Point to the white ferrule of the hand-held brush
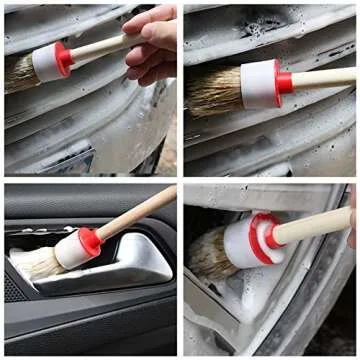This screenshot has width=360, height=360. [46, 64]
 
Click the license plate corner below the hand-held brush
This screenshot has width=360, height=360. [70, 160]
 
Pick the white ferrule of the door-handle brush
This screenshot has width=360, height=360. [69, 251]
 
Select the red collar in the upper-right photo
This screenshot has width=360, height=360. [283, 82]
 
